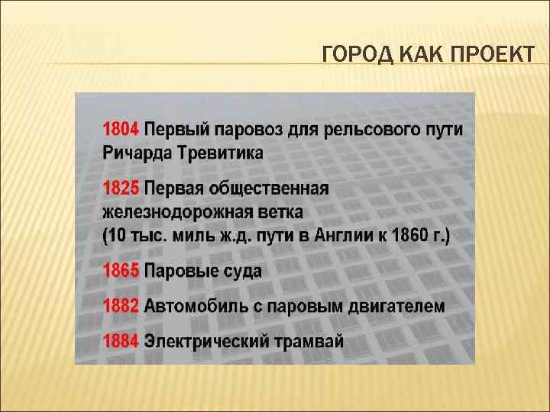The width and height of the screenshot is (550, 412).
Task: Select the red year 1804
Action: coord(121,128)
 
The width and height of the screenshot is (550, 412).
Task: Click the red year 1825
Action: coord(121,188)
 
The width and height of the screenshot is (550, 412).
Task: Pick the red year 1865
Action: coord(121,271)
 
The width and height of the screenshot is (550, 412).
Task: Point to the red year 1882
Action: coord(121,306)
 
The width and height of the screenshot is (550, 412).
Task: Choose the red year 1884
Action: coord(121,341)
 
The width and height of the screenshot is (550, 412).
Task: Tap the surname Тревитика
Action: coord(221,152)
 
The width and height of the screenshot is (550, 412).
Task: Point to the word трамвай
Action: coord(309,341)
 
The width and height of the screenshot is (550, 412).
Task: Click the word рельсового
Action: coord(367,128)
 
